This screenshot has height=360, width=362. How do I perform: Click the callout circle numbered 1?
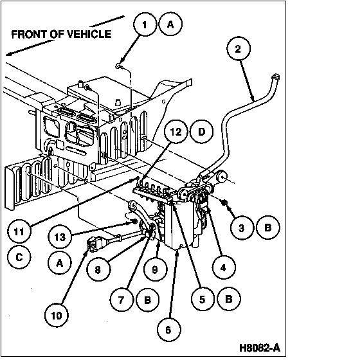[145, 24]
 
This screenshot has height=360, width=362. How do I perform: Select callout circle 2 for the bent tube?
[238, 49]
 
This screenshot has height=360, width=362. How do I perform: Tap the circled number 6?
[168, 330]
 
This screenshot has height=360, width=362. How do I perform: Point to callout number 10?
[57, 316]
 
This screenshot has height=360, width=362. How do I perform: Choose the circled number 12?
[176, 132]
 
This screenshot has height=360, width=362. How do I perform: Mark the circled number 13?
[60, 237]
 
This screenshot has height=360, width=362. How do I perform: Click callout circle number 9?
[155, 269]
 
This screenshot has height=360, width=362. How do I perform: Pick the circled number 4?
[223, 267]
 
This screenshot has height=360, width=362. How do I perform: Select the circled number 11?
[19, 231]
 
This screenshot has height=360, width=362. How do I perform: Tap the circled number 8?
[98, 269]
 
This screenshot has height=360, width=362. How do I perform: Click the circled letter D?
[201, 132]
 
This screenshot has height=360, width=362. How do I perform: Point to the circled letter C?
[19, 257]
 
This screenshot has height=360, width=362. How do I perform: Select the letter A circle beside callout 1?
[170, 24]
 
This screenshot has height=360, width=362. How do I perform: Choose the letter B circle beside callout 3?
[268, 228]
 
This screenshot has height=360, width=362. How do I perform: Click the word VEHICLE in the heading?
[89, 34]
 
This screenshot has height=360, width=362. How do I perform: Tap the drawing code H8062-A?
[260, 348]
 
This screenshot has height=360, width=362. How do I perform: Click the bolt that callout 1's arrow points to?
[119, 66]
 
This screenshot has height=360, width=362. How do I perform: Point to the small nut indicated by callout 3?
[224, 203]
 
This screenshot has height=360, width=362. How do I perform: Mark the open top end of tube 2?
[276, 76]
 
